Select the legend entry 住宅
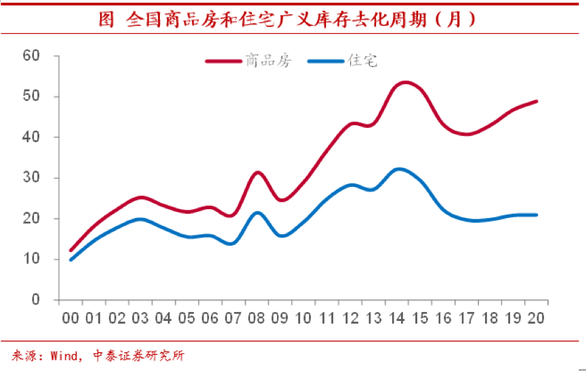tap(362, 62)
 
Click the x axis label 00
tap(70, 318)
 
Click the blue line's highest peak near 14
tap(400, 169)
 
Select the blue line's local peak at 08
tap(257, 213)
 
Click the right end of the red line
tap(537, 102)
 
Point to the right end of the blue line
tap(537, 215)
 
